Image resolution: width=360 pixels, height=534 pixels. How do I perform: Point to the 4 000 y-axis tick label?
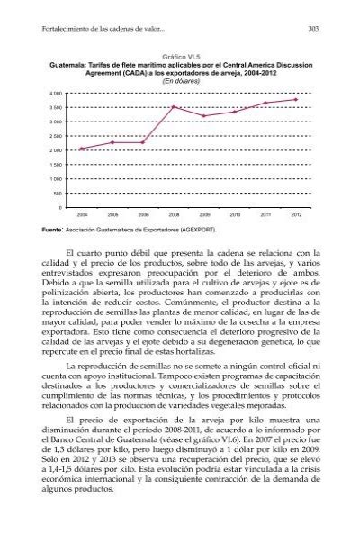[x=57, y=93]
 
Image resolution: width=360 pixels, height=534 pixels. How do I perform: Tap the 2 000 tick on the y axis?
[x=57, y=150]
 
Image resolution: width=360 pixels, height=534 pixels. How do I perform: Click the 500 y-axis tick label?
[x=59, y=193]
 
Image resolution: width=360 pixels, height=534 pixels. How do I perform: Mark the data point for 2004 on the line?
[x=82, y=149]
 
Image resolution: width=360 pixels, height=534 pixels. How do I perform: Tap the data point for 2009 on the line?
[x=204, y=116]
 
